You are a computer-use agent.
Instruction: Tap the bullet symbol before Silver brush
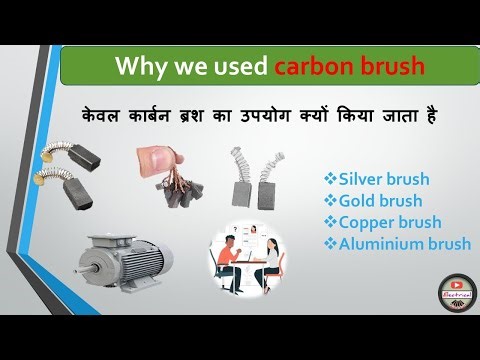(x=329, y=180)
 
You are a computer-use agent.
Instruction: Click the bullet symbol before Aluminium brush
(x=329, y=243)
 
